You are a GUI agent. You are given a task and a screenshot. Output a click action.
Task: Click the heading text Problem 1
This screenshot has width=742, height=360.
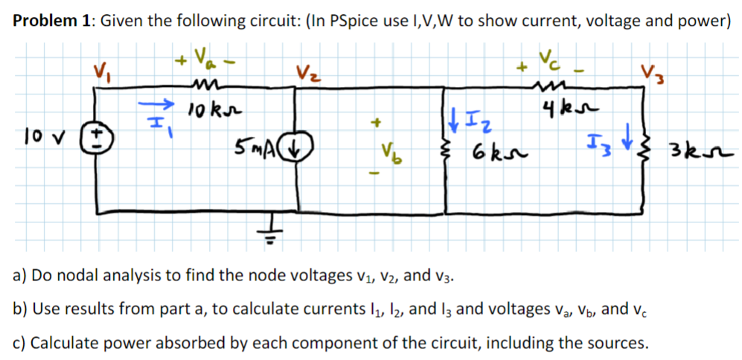coord(49,20)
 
